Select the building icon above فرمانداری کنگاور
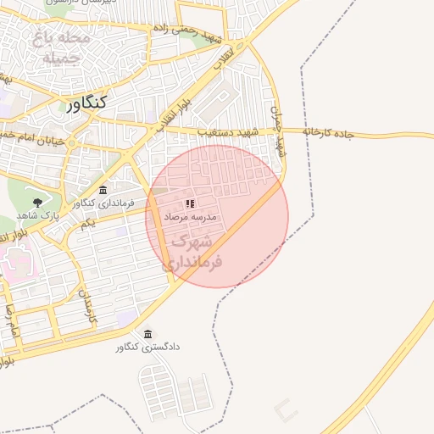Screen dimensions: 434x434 (x=103, y=190)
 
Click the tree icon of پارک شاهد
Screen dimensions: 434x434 (x=37, y=203)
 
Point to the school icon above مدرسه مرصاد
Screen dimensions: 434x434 (x=191, y=203)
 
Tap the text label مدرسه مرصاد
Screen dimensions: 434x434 (x=191, y=217)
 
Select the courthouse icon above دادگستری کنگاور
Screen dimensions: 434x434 (x=149, y=333)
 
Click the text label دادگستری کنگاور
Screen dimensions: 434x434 (x=149, y=347)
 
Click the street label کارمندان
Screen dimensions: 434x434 (x=87, y=305)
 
